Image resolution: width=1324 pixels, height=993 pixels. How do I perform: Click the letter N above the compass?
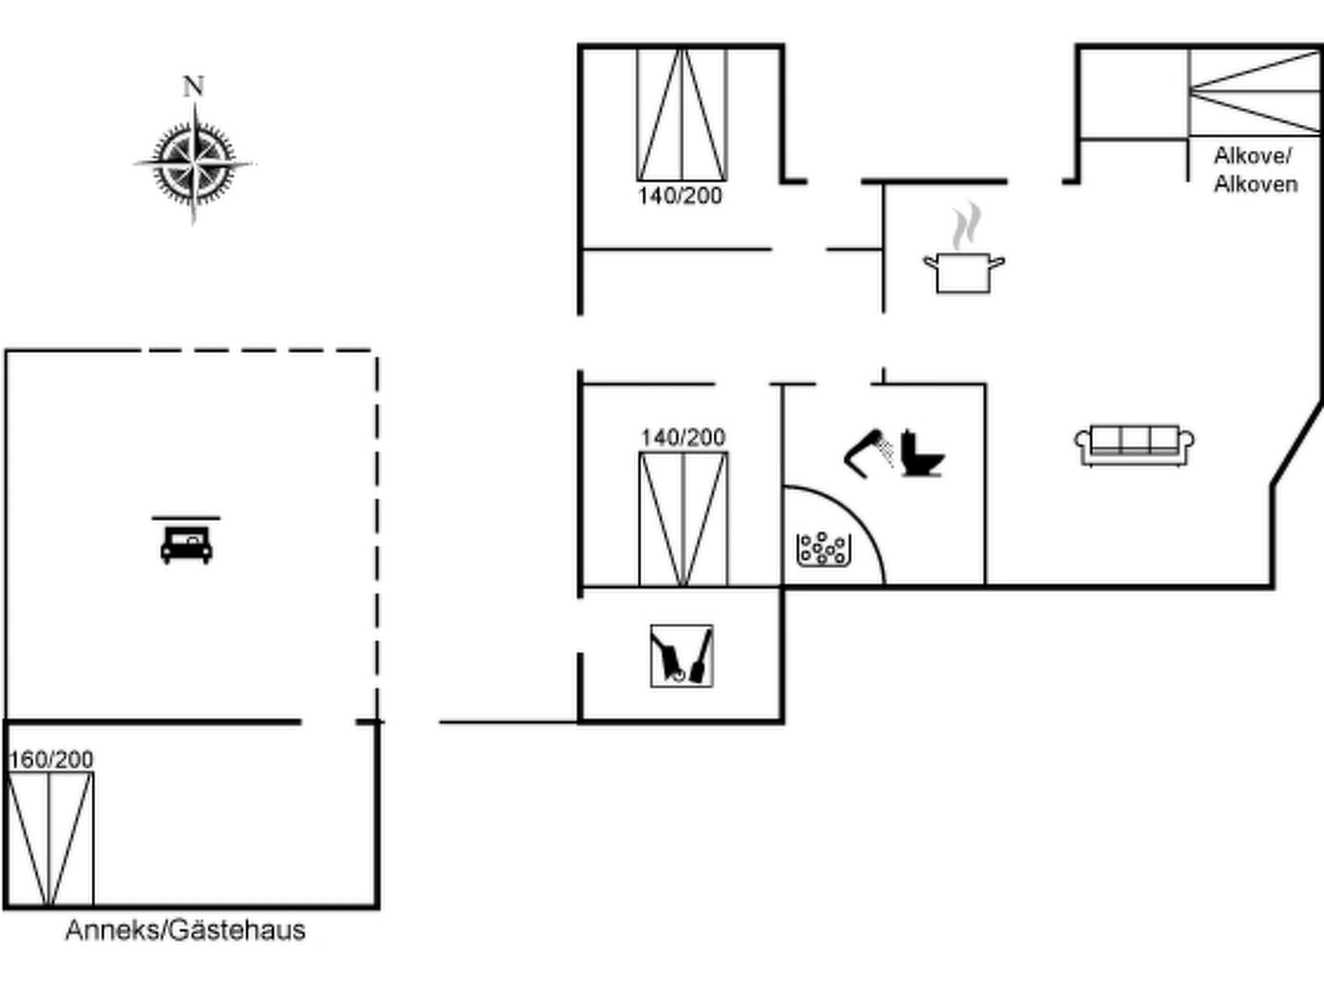(193, 87)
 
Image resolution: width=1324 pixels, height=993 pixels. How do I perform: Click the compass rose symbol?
(194, 164)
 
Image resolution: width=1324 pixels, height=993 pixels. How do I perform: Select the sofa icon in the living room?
(1134, 445)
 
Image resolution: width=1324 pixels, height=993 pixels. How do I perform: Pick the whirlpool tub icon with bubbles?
(823, 549)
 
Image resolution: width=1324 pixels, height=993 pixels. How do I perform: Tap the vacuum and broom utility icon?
(681, 656)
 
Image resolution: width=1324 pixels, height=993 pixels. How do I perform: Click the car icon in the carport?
(186, 543)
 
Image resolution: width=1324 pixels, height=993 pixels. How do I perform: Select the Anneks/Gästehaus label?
(186, 930)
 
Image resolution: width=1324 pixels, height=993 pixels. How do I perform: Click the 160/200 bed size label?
(52, 759)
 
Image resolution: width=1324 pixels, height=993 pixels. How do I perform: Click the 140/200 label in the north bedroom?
(680, 196)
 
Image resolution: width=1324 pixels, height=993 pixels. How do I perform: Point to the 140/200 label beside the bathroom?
(683, 438)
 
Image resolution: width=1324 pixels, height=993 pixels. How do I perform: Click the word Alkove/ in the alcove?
(1252, 156)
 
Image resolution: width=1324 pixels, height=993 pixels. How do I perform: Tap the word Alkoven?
(1255, 184)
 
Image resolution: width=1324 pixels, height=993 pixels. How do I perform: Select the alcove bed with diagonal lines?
(1254, 91)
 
